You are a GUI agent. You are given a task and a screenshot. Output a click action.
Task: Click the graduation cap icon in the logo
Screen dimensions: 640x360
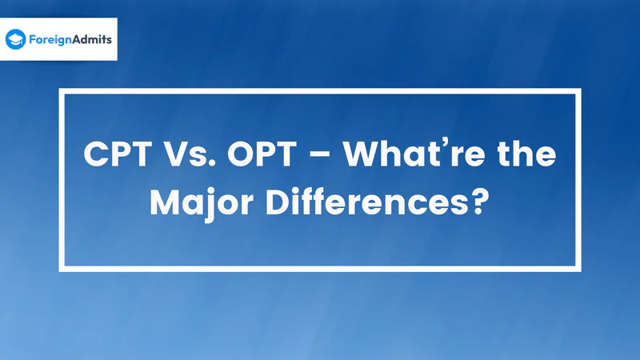15,39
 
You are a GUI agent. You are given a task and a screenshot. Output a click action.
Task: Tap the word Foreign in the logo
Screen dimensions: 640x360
50,40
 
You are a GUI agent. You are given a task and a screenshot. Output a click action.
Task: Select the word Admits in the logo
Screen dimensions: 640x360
92,39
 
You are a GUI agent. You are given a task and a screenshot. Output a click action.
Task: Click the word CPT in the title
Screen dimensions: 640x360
118,154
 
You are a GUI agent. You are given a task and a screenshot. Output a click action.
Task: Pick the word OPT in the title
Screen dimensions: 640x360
262,154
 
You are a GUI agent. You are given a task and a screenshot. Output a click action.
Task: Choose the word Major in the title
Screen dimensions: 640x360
202,202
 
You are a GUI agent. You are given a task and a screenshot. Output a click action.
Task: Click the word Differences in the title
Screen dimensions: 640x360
366,202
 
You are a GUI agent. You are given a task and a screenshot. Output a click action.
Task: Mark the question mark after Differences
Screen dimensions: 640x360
479,202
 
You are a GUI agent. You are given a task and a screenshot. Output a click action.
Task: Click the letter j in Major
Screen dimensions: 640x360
210,206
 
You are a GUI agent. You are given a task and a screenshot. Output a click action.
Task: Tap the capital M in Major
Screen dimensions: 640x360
166,202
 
